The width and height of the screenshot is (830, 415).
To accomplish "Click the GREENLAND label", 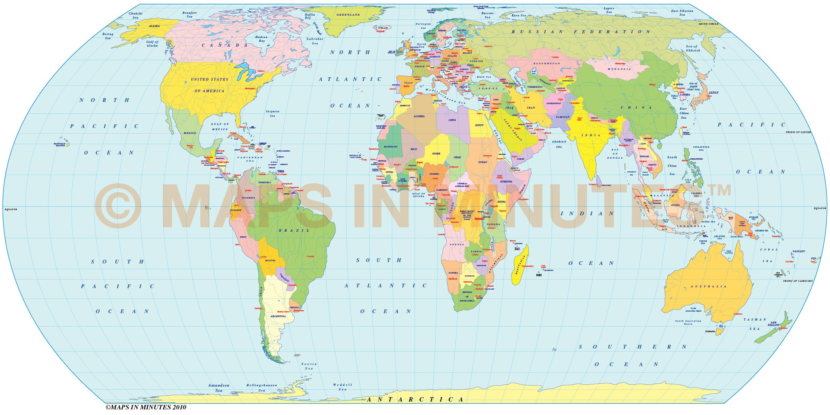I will (348, 15).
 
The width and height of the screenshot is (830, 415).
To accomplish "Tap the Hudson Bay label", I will (261, 39).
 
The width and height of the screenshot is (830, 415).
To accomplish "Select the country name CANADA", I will (225, 46).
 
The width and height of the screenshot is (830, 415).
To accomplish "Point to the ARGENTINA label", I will (278, 316).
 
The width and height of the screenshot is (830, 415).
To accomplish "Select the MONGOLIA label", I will (619, 69).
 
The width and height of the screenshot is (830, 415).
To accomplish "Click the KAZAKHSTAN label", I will (546, 64).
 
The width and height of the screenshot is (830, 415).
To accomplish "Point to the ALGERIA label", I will (419, 116).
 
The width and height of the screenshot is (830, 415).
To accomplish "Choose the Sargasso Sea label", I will (272, 113).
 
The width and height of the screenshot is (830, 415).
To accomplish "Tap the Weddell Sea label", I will (342, 387).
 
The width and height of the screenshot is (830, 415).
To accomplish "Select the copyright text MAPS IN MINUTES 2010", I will (146, 408).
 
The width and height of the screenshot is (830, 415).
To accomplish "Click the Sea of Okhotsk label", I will (693, 48).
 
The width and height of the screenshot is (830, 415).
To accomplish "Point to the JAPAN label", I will (713, 93).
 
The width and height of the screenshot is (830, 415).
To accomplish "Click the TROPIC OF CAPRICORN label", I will (798, 281).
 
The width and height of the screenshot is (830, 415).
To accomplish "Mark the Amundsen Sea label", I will (219, 388).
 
